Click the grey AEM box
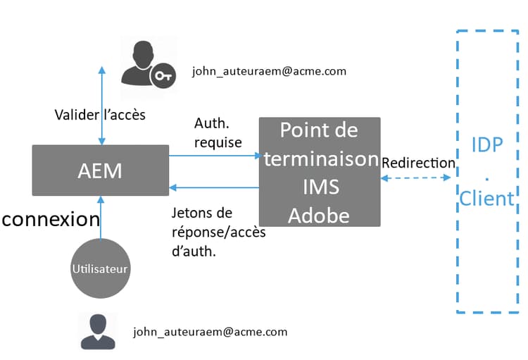click(100, 170)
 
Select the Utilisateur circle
click(101, 268)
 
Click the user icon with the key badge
click(141, 63)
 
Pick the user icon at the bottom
click(98, 330)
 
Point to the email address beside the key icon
click(269, 72)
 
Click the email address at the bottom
click(210, 331)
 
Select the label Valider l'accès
click(100, 114)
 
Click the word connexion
click(51, 219)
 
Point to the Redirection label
click(418, 162)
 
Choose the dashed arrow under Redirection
click(415, 178)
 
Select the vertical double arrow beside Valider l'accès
click(102, 106)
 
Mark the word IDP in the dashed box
click(487, 146)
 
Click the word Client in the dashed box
click(486, 199)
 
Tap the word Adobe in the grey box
click(319, 215)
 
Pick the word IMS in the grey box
click(320, 187)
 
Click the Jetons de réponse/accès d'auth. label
click(218, 231)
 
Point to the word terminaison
click(320, 159)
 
